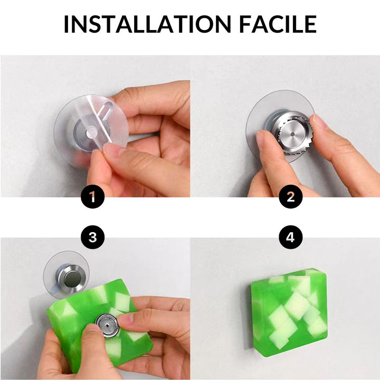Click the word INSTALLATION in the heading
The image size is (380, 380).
click(148, 24)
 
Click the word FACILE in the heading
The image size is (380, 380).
click(278, 24)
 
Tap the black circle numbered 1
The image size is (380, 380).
click(92, 196)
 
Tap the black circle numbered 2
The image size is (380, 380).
click(291, 196)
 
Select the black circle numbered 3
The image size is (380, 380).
click(93, 237)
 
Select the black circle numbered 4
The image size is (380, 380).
click(291, 237)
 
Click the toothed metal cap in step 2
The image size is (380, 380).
click(291, 134)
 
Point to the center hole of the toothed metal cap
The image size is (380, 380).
click(292, 134)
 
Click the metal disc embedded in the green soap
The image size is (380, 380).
click(107, 325)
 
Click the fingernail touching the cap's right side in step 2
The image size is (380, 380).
click(316, 119)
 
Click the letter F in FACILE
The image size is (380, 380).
click(245, 24)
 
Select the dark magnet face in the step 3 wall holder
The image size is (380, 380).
click(71, 278)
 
